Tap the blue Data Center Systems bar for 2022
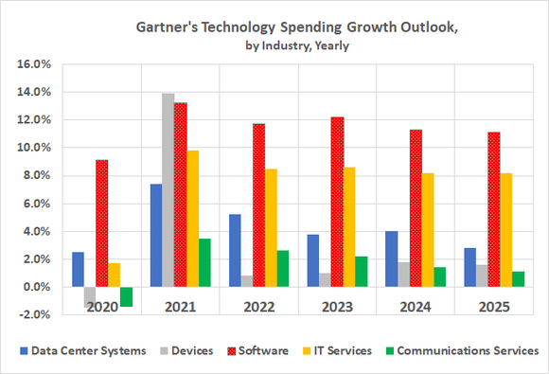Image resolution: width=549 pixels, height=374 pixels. coord(235,250)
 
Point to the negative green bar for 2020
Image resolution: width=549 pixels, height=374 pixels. coord(126,296)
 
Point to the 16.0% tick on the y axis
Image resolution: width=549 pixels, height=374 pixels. coord(34,64)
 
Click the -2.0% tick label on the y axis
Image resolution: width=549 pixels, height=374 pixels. coord(34,314)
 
